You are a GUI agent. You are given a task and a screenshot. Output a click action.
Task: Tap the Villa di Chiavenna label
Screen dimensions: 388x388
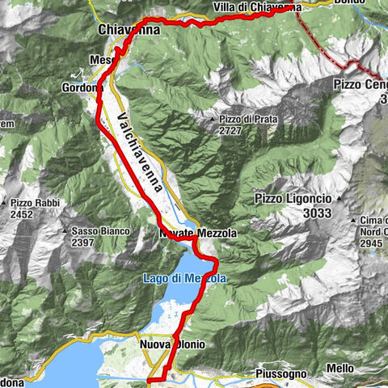tap(258, 7)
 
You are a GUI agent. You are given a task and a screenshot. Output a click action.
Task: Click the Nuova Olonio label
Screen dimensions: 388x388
tap(173, 344)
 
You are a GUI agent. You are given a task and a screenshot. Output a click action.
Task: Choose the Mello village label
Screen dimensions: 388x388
tap(339, 369)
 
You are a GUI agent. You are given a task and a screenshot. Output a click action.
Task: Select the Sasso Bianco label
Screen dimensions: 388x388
tap(100, 231)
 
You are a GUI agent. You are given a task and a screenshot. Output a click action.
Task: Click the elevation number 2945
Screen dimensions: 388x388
tap(370, 242)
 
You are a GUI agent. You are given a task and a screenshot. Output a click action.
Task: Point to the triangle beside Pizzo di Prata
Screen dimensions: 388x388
tap(212, 120)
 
